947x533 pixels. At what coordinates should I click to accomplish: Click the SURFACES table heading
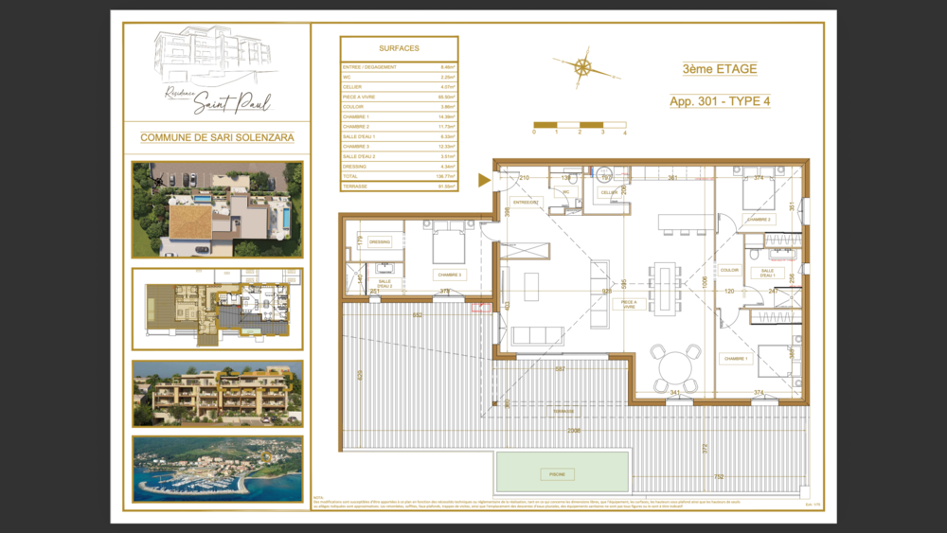point(399,47)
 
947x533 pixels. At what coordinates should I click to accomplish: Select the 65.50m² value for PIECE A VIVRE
point(446,97)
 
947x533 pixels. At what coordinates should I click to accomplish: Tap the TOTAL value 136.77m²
point(446,176)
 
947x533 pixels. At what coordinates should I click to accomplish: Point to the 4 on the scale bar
point(625,133)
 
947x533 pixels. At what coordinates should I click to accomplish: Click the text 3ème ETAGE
point(719,69)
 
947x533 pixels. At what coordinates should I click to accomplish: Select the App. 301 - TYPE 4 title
point(719,101)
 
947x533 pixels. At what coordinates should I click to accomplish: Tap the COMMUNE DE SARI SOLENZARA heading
point(217,137)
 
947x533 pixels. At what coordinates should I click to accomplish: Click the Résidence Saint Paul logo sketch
point(217,71)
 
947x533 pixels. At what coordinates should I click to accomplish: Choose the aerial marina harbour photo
point(217,469)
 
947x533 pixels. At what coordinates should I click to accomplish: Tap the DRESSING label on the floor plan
point(380,241)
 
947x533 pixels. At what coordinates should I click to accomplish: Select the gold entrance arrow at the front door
point(485,180)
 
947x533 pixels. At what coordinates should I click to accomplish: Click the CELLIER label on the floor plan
point(608,192)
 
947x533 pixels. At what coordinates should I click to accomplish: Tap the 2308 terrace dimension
point(574,429)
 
